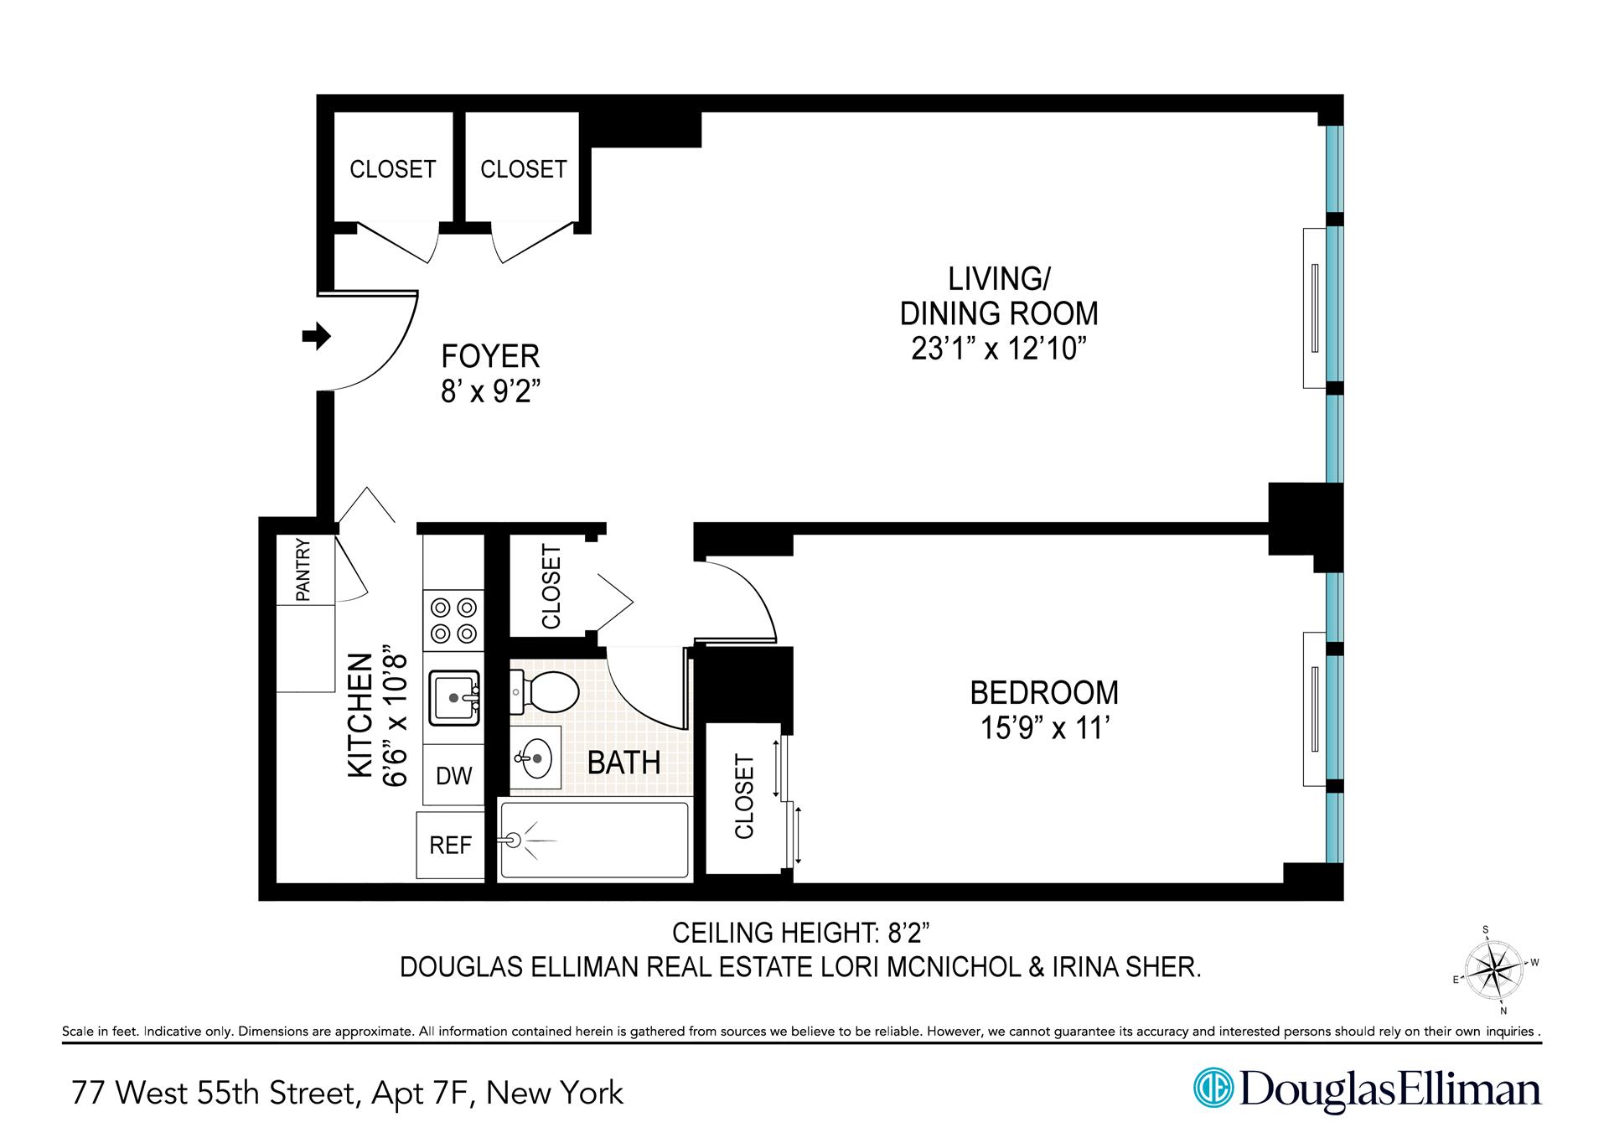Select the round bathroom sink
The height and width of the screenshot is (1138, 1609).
534,759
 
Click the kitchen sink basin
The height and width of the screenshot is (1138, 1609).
453,697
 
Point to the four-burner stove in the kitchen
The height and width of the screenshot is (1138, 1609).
453,620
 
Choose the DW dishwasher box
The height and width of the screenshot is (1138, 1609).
453,775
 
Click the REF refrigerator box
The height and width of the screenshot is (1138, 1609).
450,846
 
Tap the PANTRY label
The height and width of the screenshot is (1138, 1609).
303,571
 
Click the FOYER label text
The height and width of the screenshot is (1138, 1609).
490,356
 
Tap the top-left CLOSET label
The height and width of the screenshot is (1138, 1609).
392,169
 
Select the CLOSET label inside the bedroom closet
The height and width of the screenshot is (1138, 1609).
744,796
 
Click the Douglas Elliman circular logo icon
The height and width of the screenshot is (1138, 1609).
1212,1088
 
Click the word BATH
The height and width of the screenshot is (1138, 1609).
623,763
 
